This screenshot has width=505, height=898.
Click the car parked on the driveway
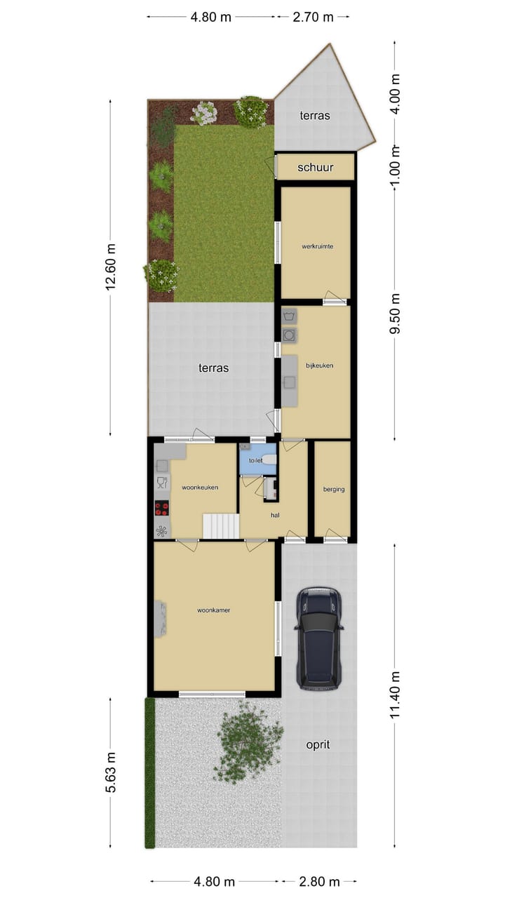(319, 638)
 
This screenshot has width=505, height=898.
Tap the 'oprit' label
(318, 744)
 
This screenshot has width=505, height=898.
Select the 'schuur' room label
(315, 167)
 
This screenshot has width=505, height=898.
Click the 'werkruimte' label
(317, 246)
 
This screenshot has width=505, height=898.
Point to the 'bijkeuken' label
(319, 366)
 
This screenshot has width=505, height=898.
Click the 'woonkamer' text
(214, 610)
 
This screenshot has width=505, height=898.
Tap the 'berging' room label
(334, 489)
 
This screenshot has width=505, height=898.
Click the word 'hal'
(276, 514)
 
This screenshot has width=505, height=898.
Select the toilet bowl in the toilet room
(269, 460)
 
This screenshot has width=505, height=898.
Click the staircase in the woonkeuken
(221, 525)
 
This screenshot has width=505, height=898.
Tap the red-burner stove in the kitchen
(161, 508)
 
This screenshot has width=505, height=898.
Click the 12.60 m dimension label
(110, 267)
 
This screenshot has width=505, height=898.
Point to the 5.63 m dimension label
(110, 772)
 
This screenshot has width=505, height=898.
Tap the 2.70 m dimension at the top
(313, 17)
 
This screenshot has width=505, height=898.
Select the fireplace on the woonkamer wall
(161, 619)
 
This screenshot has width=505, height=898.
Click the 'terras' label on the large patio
(213, 367)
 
